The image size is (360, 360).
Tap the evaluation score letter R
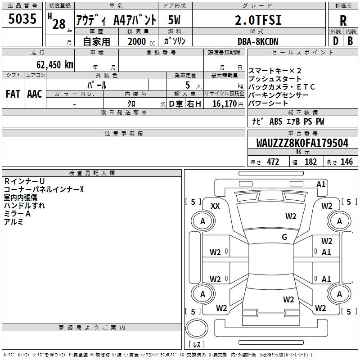343,20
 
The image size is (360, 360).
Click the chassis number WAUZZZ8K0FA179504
302,143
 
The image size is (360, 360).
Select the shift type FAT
13,94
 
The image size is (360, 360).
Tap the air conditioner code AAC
34,94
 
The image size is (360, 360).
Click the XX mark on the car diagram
215,206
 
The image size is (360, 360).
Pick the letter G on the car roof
284,237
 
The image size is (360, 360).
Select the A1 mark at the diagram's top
321,184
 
